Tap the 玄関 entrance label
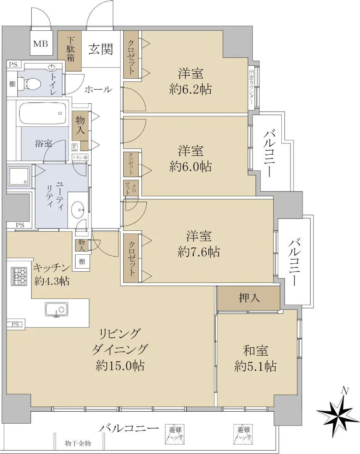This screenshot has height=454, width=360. tap(101, 49)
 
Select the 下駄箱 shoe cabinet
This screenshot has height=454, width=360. tap(70, 51)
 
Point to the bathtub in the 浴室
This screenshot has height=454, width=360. tap(43, 114)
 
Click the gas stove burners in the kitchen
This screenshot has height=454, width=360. tap(19, 276)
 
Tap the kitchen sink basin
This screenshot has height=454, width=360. tap(56, 309)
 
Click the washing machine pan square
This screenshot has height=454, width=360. tap(19, 176)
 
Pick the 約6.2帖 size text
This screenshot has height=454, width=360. tap(191, 89)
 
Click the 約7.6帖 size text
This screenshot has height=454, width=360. tap(199, 252)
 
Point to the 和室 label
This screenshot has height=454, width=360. tap(255, 350)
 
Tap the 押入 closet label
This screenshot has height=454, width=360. tap(249, 298)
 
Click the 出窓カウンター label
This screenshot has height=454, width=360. tap(251, 87)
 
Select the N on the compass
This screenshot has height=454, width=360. tap(345, 391)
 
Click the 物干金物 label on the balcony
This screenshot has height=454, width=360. tap(78, 443)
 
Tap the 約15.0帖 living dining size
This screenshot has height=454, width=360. tap(120, 366)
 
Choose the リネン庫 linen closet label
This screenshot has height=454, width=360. tap(80, 157)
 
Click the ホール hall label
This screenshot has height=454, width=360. tap(98, 89)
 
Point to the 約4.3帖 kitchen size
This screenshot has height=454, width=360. tap(52, 281)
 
